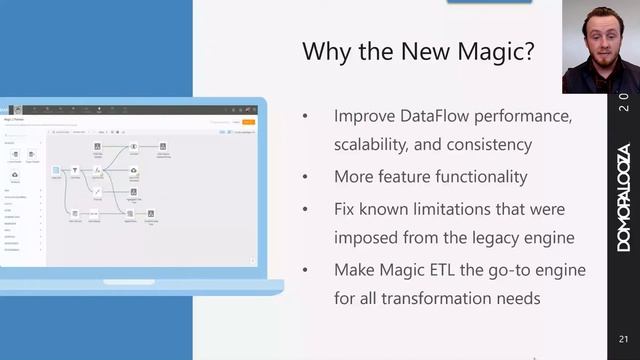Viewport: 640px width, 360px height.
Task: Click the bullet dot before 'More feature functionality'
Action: click(x=306, y=178)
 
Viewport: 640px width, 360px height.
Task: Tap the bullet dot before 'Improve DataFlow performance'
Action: click(x=306, y=118)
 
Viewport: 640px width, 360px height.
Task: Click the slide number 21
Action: click(x=623, y=337)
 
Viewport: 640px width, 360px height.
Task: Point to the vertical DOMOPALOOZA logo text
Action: click(x=623, y=194)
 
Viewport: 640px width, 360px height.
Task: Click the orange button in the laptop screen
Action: click(x=249, y=122)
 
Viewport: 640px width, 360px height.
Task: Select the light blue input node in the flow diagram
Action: click(x=57, y=172)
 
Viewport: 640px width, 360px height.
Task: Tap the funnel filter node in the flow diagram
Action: click(x=75, y=172)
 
